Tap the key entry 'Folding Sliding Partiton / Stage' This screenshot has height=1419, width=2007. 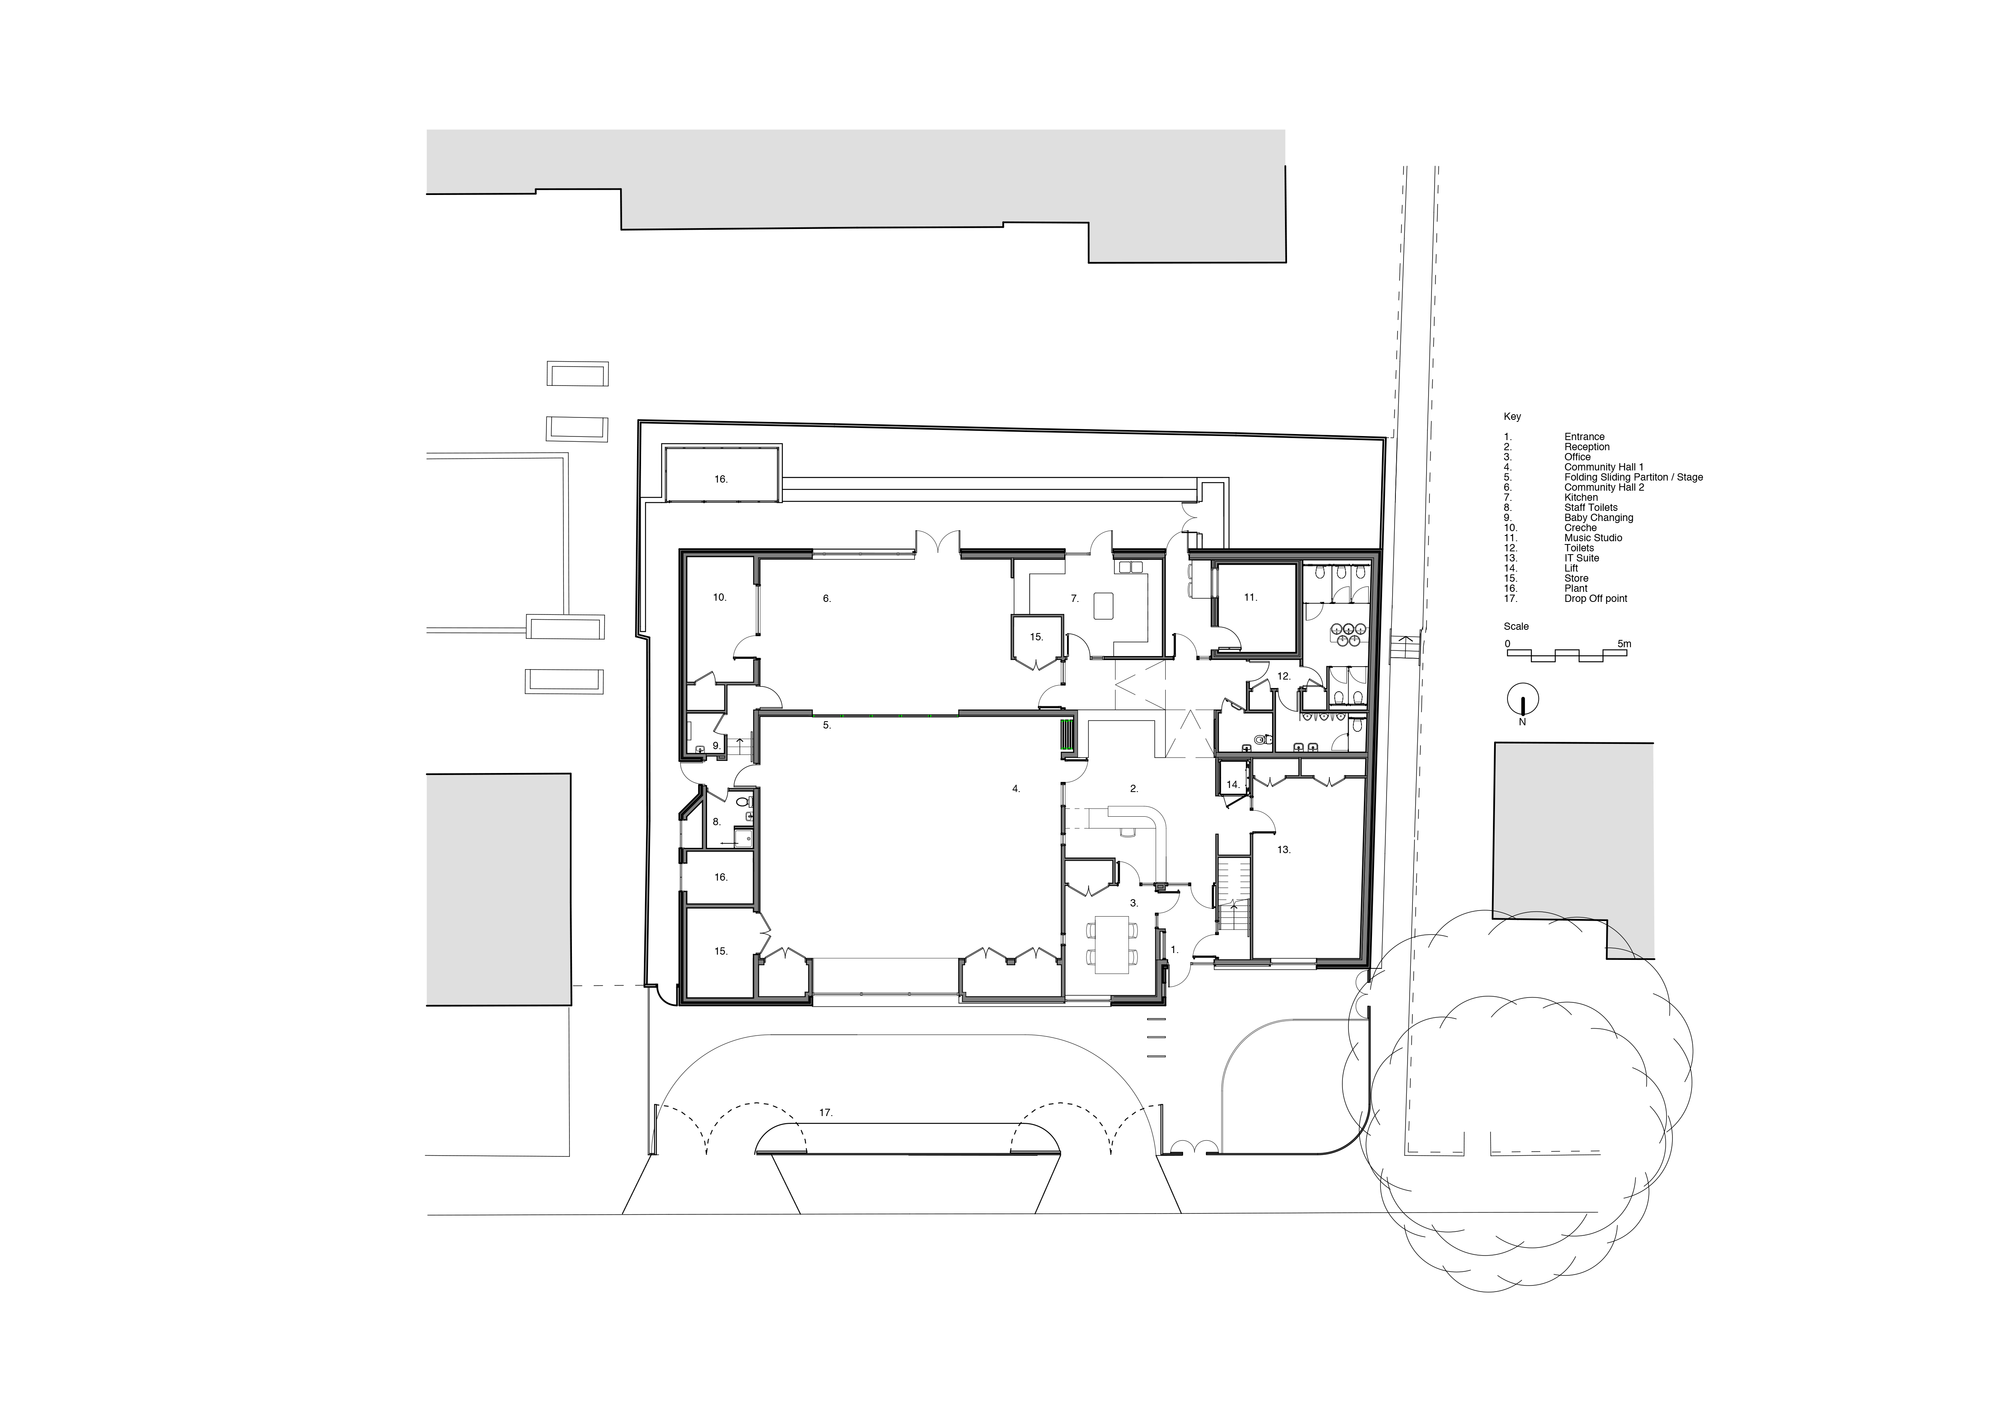[x=1633, y=477]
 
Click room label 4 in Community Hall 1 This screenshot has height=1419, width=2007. [x=1016, y=789]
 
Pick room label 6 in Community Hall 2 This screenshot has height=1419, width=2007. [x=827, y=599]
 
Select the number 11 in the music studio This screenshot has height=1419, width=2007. [x=1250, y=597]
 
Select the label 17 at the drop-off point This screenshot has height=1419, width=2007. [x=826, y=1113]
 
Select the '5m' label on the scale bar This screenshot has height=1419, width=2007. [x=1623, y=644]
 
